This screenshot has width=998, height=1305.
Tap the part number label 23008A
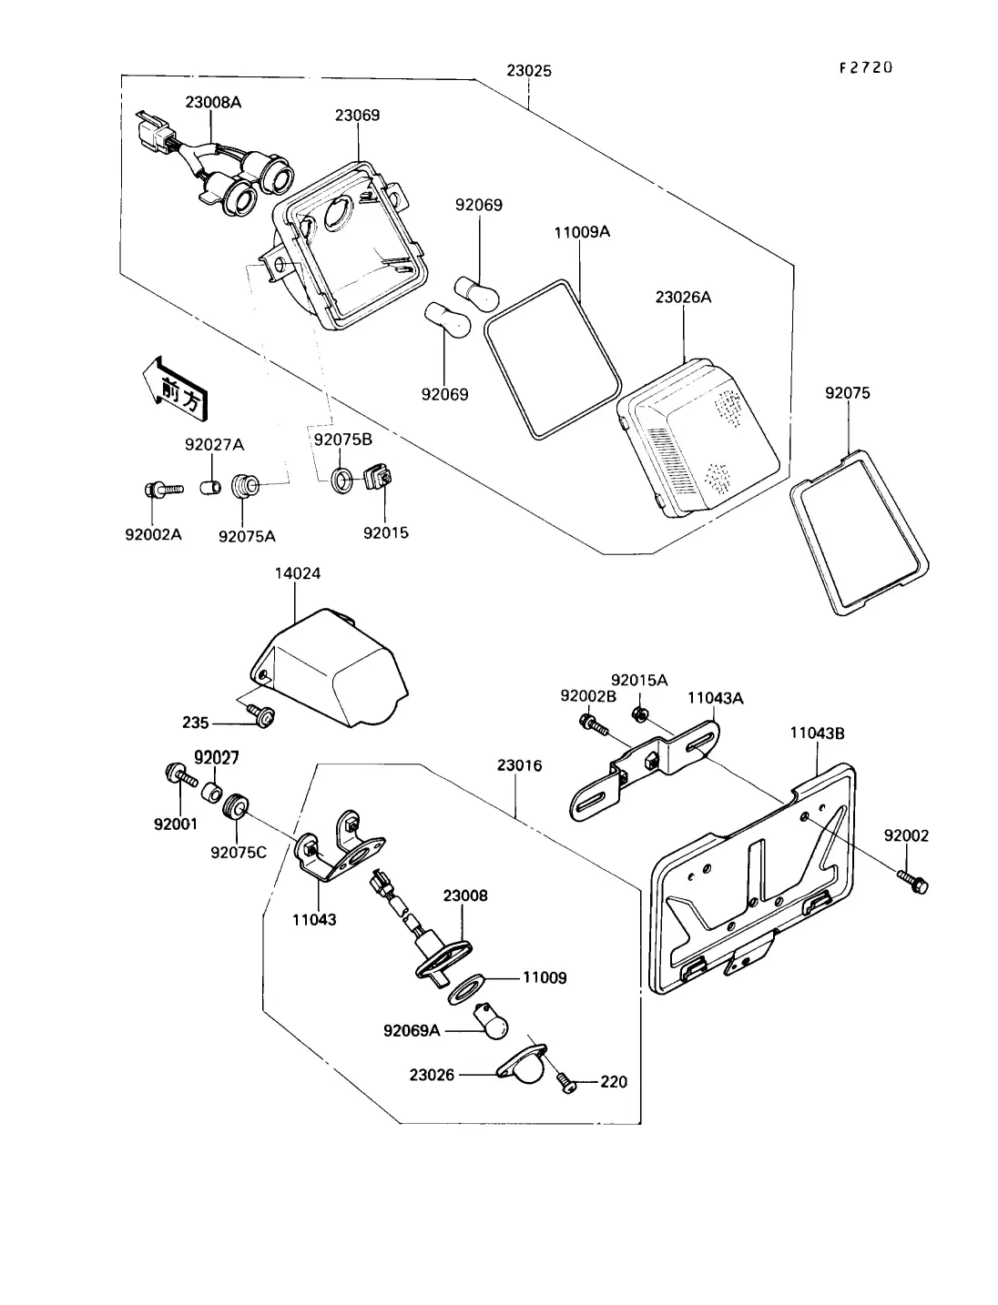pyautogui.click(x=213, y=103)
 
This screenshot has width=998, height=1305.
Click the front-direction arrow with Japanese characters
pyautogui.click(x=171, y=388)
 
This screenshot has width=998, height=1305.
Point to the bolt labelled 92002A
pyautogui.click(x=155, y=490)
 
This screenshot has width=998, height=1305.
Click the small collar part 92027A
pyautogui.click(x=210, y=485)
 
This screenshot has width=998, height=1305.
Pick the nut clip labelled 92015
pyautogui.click(x=376, y=477)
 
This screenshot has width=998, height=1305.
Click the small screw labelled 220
pyautogui.click(x=565, y=1083)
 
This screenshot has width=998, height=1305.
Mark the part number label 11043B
pyautogui.click(x=817, y=732)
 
